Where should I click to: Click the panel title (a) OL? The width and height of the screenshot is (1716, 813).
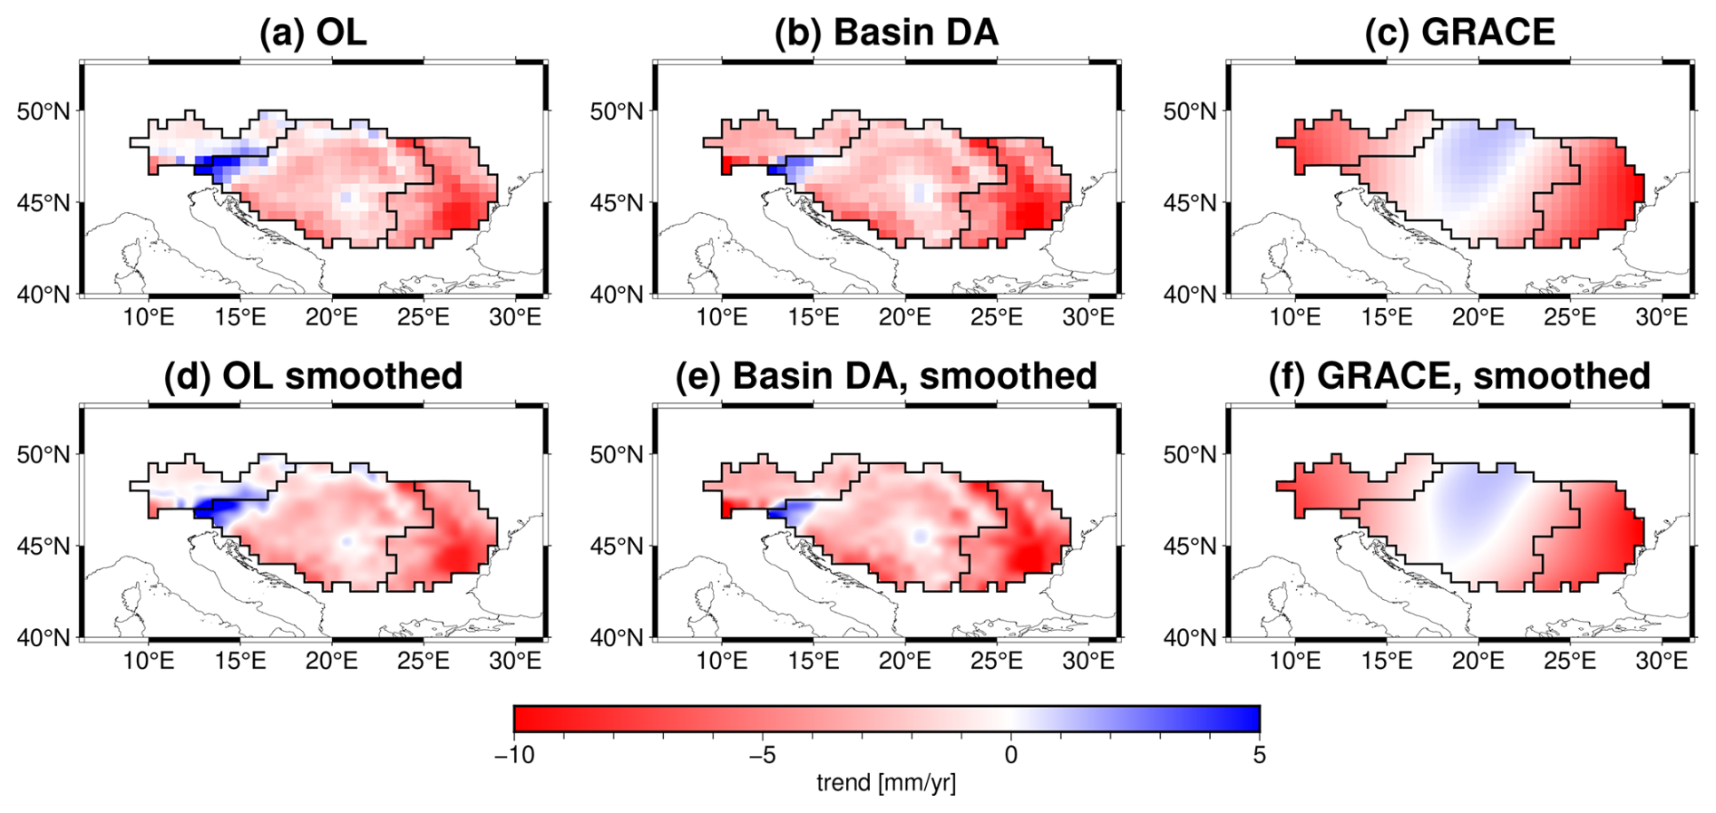click(313, 33)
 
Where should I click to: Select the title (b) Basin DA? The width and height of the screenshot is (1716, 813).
click(886, 33)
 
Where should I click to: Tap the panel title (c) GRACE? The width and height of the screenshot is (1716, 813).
click(1459, 33)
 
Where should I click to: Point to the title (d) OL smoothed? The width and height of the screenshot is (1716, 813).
click(313, 376)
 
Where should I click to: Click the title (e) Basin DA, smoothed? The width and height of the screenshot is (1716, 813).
click(886, 376)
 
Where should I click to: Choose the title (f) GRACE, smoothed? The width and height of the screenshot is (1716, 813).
click(1459, 376)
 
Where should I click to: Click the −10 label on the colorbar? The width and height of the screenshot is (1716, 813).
click(513, 755)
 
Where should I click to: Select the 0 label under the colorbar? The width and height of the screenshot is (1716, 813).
click(1011, 755)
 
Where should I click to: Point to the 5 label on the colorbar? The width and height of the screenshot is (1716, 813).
click(1259, 755)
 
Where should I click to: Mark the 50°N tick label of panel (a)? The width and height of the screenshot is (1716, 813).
click(43, 111)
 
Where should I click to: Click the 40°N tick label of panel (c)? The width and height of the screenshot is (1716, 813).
click(1189, 295)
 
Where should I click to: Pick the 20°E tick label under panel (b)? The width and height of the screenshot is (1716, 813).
click(904, 317)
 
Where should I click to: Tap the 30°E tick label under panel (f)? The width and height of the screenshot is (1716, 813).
click(1662, 661)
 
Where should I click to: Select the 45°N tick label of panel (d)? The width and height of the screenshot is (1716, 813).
click(43, 547)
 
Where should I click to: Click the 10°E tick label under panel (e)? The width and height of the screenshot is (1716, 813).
click(721, 661)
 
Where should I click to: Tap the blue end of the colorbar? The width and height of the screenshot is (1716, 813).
click(1243, 719)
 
